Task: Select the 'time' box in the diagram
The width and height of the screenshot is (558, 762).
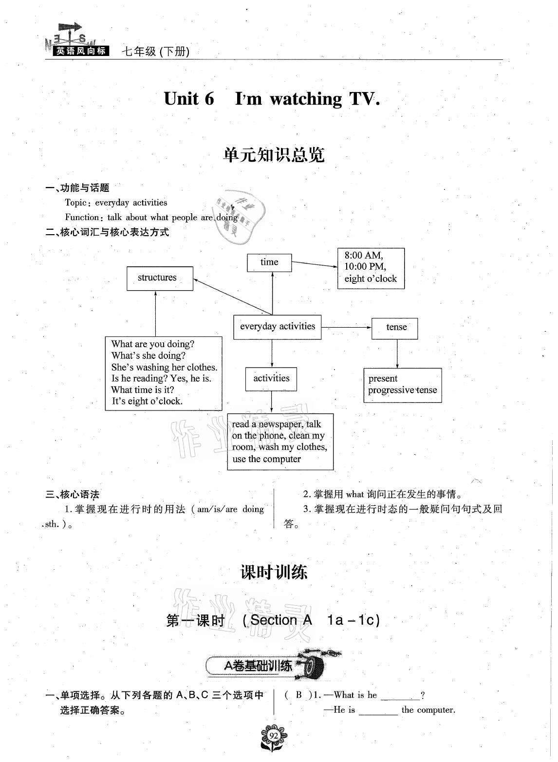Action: tap(269, 262)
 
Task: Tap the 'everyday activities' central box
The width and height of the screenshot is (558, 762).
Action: tap(278, 327)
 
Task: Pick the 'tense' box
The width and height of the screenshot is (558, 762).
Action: tap(395, 328)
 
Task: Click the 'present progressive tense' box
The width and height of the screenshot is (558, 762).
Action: tap(403, 385)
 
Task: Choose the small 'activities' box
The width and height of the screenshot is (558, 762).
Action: tap(271, 378)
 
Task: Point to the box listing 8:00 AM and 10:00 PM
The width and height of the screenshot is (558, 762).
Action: tap(371, 268)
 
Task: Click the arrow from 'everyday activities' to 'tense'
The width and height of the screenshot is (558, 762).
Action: tap(346, 328)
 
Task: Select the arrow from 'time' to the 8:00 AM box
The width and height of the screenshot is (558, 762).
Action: tap(314, 264)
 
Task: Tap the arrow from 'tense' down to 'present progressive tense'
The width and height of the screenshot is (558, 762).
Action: tap(397, 353)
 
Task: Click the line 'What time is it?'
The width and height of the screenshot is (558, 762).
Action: tap(142, 390)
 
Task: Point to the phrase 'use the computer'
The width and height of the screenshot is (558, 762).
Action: tap(266, 459)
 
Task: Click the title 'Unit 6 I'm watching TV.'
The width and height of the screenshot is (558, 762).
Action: tap(272, 99)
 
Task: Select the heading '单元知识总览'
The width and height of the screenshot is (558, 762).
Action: tap(274, 155)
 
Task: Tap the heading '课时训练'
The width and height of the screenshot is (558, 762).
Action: tap(274, 572)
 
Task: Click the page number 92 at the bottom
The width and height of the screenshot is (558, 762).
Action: tap(274, 735)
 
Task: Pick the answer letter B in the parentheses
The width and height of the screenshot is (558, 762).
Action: tap(299, 695)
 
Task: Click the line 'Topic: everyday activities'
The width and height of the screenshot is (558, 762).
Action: tap(116, 203)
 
